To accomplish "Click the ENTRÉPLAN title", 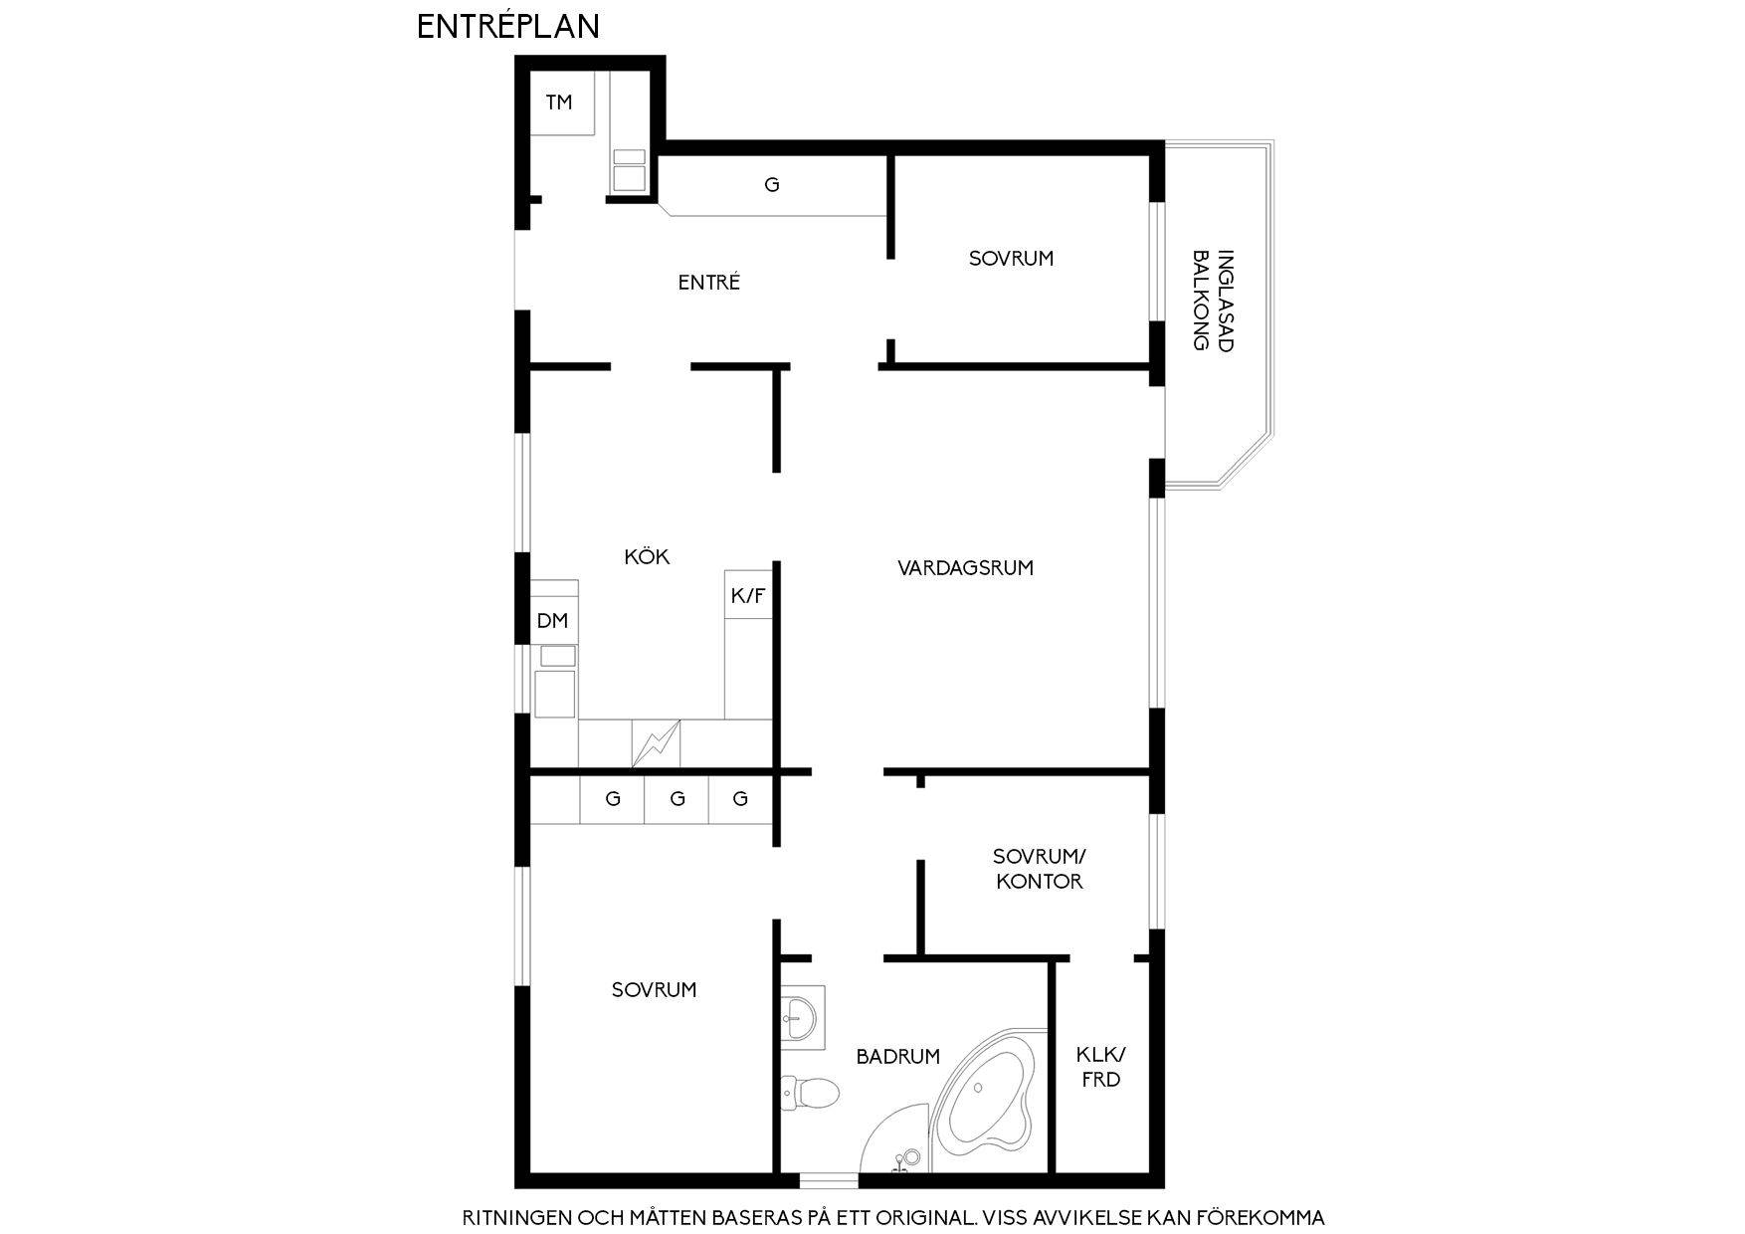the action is click(x=507, y=26).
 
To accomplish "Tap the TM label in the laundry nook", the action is click(x=559, y=102).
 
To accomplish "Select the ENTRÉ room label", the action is click(x=709, y=282).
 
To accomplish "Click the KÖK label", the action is click(x=647, y=556).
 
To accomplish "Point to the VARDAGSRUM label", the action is click(x=965, y=568).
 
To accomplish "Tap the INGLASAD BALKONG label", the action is click(x=1213, y=300).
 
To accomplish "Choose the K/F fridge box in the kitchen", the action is click(x=748, y=595).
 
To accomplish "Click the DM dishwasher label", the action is click(x=552, y=621).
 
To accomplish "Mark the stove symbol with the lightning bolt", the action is click(x=656, y=744).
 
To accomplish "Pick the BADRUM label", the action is click(x=897, y=1057).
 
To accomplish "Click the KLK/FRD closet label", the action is click(x=1100, y=1067).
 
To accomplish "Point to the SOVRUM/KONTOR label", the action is click(x=1040, y=869).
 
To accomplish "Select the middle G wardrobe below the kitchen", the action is click(x=677, y=799).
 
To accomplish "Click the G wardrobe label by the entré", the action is click(x=771, y=184).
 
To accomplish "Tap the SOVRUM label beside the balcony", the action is click(x=1011, y=258).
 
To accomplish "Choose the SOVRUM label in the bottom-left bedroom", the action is click(x=654, y=989).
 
